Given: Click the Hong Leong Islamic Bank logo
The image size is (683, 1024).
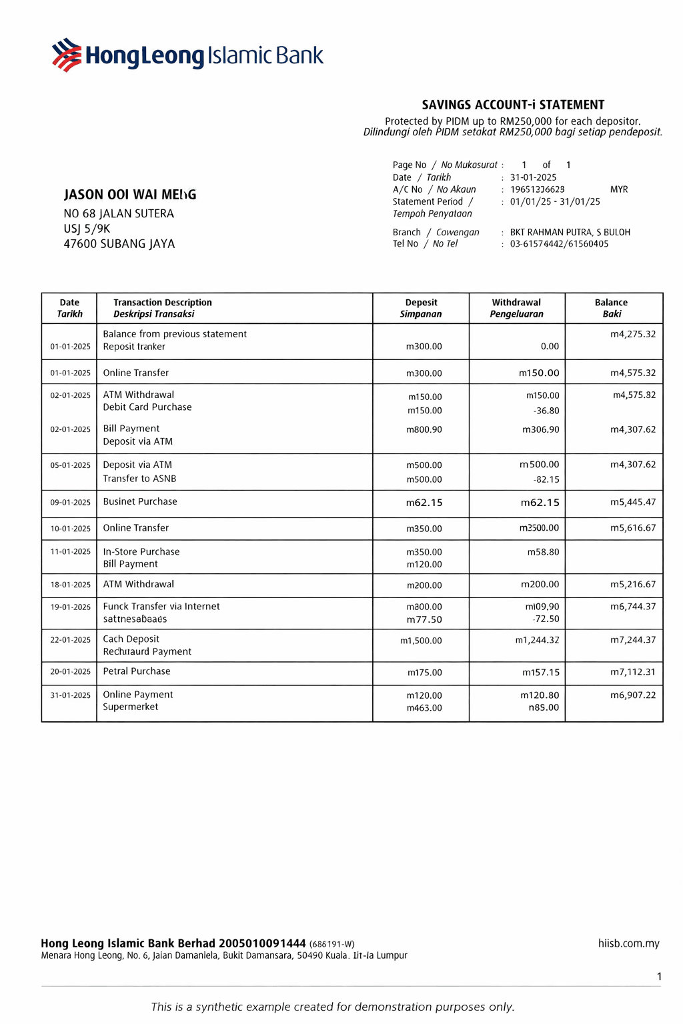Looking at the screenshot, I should pos(187,55).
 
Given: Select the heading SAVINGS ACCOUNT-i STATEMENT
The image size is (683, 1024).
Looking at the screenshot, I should pos(513,105).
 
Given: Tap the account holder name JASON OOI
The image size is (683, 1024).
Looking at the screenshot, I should pos(130,195).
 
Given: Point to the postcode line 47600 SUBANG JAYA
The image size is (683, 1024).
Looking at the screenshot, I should pos(119,244).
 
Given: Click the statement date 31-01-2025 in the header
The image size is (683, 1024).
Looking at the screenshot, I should pos(533,177).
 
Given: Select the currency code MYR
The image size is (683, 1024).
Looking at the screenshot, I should pos(619,189).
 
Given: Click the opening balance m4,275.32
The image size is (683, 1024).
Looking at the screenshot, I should pos(633,334).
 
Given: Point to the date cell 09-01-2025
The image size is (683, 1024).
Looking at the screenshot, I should pos(70,503).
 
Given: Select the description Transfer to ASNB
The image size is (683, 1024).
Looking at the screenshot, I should pos(139,479).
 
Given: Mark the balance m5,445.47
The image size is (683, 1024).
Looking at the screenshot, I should pos(633,502).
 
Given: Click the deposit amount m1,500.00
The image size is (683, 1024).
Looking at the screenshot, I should pos(421,641).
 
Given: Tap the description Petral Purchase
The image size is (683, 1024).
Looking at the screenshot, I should pos(137,671).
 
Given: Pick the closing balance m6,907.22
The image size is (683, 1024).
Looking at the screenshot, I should pos(633,695).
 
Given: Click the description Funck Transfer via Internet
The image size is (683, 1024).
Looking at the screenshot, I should pos(161,607).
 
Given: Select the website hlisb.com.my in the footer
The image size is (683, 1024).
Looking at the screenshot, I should pos(628,943).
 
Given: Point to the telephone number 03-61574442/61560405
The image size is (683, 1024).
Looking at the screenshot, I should pos(559,244).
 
